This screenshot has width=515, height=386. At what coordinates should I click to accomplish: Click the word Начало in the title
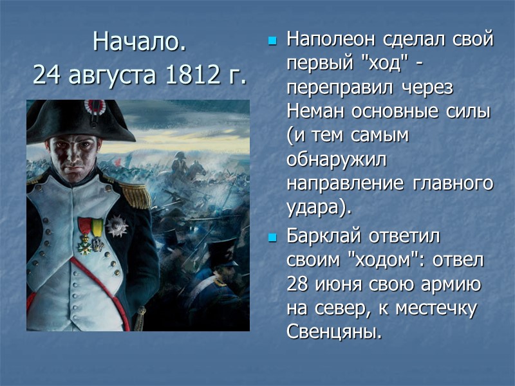138,42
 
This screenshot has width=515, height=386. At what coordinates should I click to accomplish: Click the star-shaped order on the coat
118,225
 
